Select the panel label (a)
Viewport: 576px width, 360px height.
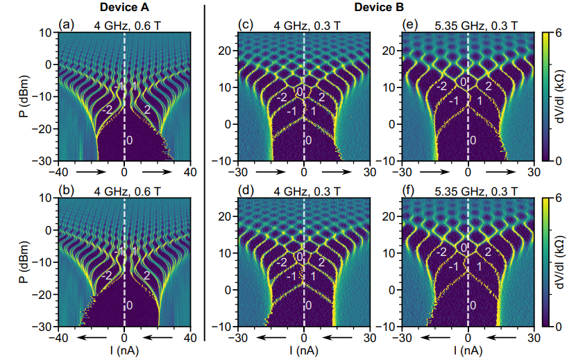pyautogui.click(x=68, y=26)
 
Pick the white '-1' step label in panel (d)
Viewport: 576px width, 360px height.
pyautogui.click(x=291, y=277)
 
